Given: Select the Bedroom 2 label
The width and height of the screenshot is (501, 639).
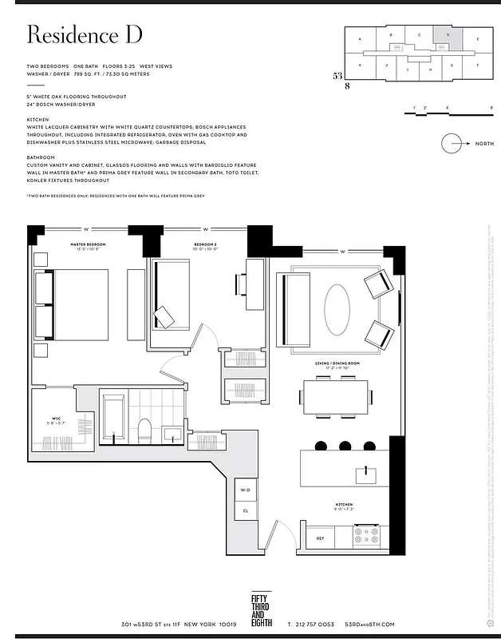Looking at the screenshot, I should [x=207, y=244].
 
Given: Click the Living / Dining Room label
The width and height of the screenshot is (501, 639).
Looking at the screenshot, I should [x=337, y=363].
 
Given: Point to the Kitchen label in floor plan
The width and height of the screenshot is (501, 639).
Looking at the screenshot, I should [x=343, y=505].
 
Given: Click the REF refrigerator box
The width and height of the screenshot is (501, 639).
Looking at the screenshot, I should [x=320, y=538].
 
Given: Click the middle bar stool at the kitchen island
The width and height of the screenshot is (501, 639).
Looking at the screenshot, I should [x=345, y=446].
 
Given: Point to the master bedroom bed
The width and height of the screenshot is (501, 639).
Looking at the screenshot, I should [x=72, y=304].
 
